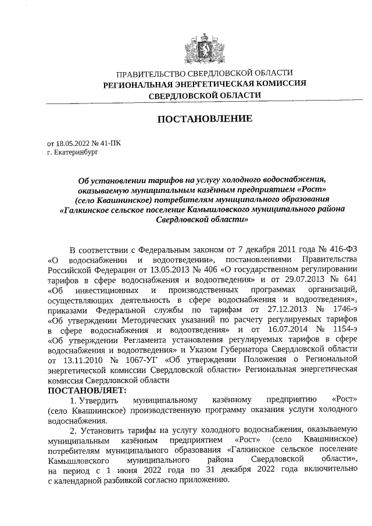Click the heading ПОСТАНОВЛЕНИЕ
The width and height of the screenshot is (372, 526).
205,119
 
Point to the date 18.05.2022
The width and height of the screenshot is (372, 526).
74,143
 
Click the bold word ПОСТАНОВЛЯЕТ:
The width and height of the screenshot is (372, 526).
86,390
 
